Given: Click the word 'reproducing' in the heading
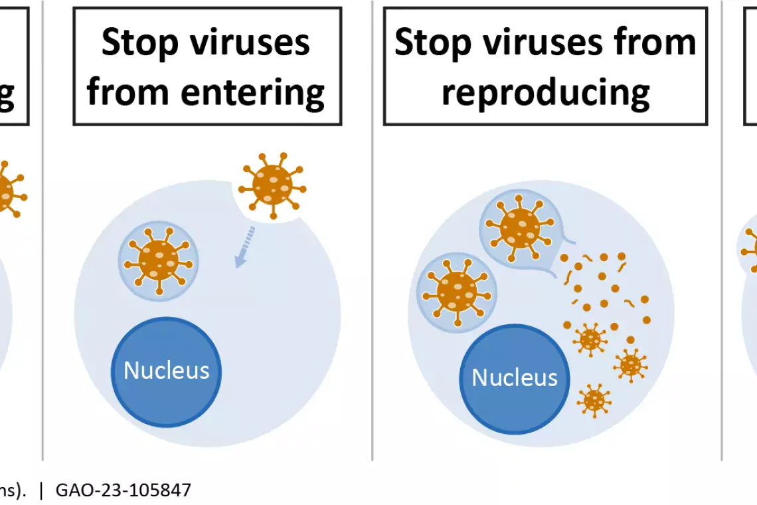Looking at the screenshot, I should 546,93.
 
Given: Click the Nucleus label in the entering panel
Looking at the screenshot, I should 166,370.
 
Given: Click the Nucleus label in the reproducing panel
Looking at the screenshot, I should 515,377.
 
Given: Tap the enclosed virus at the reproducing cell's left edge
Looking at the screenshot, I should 457,292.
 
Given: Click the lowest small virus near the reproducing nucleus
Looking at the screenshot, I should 594,400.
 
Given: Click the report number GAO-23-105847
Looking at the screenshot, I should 124,490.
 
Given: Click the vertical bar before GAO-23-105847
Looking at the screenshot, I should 42,490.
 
